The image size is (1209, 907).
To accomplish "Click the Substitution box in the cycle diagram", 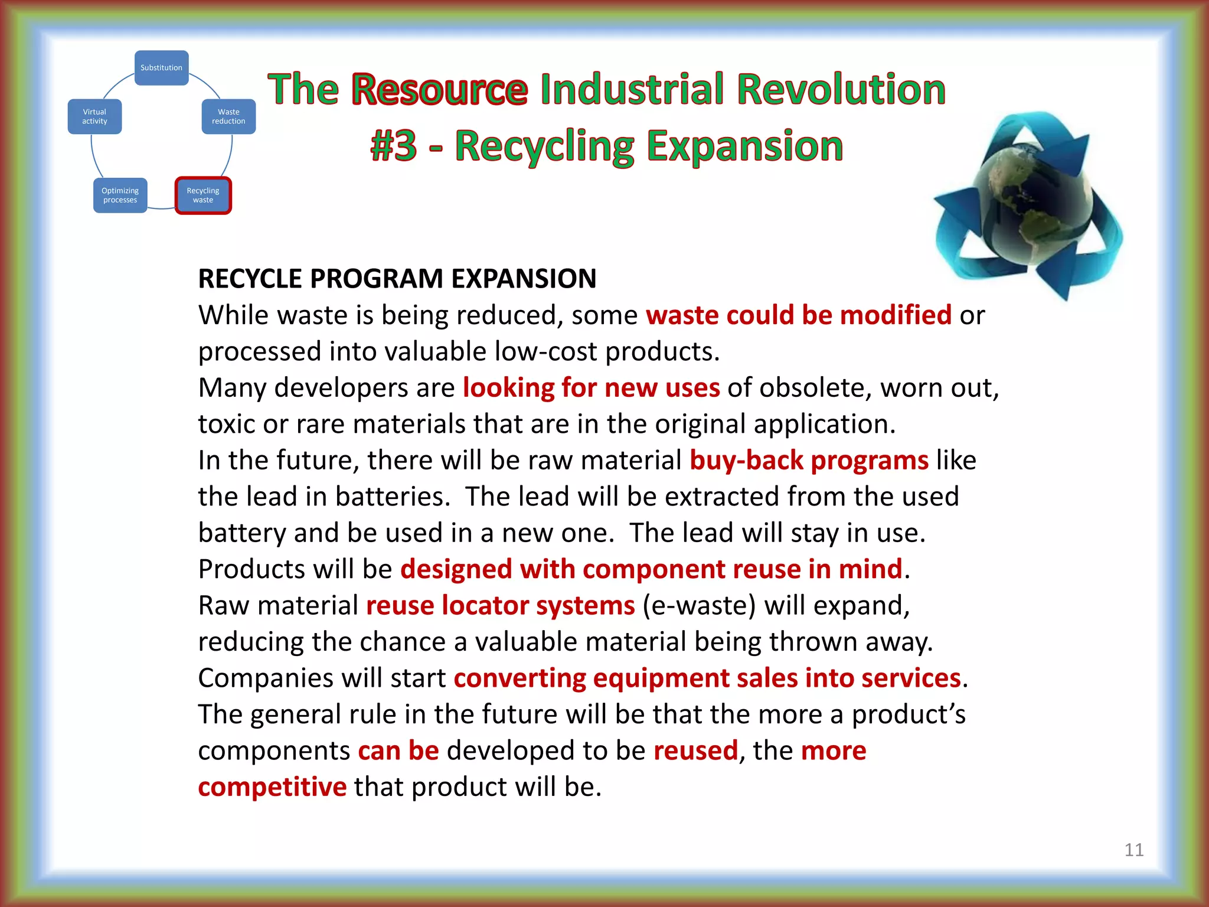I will click(x=161, y=68).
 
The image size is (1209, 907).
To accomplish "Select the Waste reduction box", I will click(x=228, y=116).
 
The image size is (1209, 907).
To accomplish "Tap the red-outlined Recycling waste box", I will click(x=203, y=195).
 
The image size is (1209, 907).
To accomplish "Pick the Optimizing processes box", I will click(x=120, y=195).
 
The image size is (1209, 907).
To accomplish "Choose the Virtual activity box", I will click(x=94, y=116).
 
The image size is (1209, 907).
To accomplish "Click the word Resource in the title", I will click(x=439, y=90).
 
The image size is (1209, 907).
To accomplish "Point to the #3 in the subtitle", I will click(x=394, y=146).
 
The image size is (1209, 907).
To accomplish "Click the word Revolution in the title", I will click(x=841, y=90).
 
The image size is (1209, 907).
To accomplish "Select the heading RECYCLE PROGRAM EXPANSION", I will click(x=397, y=279).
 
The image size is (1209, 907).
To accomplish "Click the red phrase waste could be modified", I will click(x=798, y=315).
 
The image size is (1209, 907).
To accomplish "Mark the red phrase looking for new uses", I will click(x=591, y=388).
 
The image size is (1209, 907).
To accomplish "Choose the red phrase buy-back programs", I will click(x=809, y=461).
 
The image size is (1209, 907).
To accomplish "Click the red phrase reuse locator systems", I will click(x=500, y=606).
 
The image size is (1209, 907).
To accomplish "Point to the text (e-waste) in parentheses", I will click(x=699, y=606).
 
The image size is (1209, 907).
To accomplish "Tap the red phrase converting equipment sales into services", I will click(x=707, y=678).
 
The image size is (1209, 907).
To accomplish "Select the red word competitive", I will click(x=272, y=787).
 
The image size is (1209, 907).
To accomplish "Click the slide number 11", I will click(x=1133, y=850).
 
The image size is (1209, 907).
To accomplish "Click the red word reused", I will click(x=695, y=751).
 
